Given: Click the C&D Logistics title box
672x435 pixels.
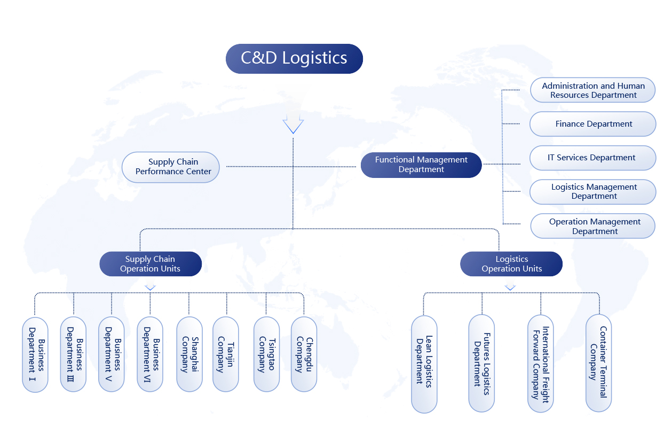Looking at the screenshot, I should [x=294, y=58].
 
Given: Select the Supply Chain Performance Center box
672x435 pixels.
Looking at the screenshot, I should [x=171, y=167].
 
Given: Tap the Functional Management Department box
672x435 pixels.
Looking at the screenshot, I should [x=421, y=165].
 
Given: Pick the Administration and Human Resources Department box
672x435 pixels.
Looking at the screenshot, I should [x=592, y=90].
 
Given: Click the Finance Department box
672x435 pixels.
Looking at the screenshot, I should [x=592, y=124].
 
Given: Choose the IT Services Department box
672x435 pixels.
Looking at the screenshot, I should [x=592, y=158].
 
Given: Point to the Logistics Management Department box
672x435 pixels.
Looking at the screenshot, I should [x=592, y=191].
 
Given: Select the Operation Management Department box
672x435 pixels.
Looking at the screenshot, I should [x=592, y=226].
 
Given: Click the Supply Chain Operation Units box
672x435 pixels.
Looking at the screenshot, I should [x=151, y=264].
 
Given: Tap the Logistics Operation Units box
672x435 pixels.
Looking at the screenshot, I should [x=511, y=264].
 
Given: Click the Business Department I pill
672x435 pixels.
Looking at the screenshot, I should [x=35, y=354].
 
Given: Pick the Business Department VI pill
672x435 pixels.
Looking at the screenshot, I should [x=150, y=354].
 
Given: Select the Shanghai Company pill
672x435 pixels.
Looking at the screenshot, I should [x=189, y=354].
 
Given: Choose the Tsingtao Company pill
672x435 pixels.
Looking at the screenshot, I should [x=266, y=354].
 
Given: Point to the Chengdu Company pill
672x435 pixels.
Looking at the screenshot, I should [x=304, y=354].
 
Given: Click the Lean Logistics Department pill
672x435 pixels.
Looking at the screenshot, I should [x=424, y=364].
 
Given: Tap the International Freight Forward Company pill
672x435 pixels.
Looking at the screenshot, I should [x=540, y=363].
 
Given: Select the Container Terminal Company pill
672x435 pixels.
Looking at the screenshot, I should [x=598, y=363].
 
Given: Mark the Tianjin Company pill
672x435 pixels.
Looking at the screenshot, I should [x=225, y=354].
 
